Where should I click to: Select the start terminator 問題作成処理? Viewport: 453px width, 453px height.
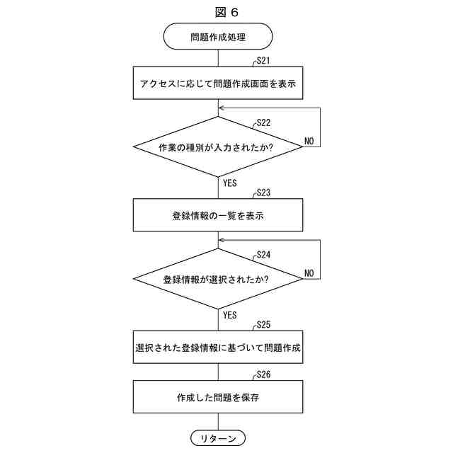[218, 36]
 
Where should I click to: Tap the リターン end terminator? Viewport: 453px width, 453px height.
[218, 438]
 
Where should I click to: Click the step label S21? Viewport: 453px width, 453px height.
[264, 61]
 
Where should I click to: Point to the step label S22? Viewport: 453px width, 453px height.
[264, 122]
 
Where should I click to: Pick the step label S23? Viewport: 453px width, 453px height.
[264, 193]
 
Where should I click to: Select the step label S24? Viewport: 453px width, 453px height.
[264, 254]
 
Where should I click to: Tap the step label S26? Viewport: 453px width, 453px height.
[264, 374]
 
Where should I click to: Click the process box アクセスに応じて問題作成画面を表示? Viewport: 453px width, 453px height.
[218, 84]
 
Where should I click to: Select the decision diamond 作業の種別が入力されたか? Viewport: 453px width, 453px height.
[218, 147]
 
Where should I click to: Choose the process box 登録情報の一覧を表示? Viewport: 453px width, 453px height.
[218, 215]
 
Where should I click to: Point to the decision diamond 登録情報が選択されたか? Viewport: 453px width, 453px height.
[218, 279]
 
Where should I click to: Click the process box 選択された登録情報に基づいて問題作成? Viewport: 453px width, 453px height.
[218, 348]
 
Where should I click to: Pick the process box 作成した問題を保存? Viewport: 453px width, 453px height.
[218, 398]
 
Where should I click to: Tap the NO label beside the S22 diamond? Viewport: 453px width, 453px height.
[309, 142]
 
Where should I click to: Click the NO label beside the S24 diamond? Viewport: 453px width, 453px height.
[309, 273]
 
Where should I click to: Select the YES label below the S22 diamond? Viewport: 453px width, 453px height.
[229, 183]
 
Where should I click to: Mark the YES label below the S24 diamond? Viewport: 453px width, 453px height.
[229, 315]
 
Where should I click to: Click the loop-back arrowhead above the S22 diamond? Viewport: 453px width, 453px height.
[222, 108]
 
